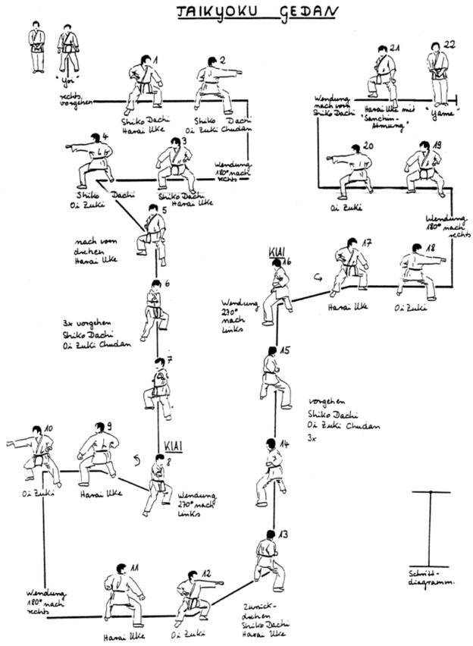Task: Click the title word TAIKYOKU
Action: pos(213,13)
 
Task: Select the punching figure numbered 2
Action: pos(215,85)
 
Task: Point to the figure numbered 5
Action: pos(151,234)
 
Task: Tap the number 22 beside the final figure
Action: pos(449,45)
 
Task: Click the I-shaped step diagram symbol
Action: pos(430,528)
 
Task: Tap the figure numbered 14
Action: pos(271,472)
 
